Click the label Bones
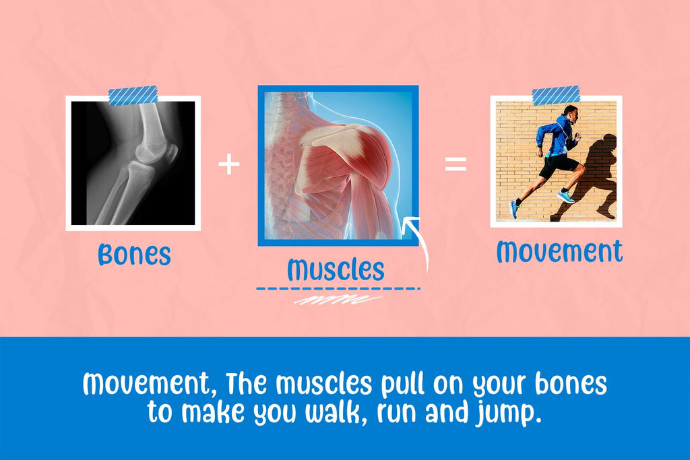134,254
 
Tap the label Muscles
336,269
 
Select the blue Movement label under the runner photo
559,251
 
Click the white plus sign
229,164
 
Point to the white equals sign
456,164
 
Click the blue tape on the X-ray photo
133,96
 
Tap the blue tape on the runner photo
556,96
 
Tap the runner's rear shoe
513,209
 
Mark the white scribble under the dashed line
338,300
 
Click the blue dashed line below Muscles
338,289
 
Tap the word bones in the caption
571,383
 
